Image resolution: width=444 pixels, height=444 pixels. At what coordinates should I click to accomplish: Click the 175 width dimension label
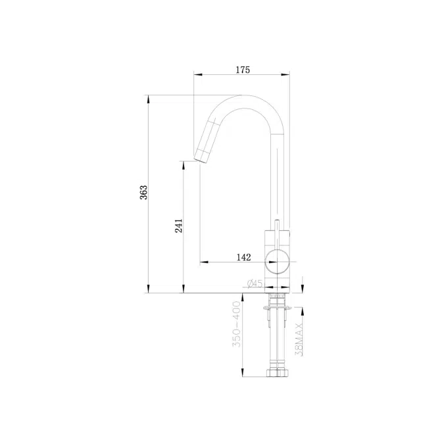click(x=242, y=70)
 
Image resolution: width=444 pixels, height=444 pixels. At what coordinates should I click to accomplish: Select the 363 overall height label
click(x=144, y=193)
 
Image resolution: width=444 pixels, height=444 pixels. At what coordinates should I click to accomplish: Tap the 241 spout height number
click(x=178, y=226)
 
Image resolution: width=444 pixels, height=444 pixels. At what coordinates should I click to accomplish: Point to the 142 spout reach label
click(x=243, y=257)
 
